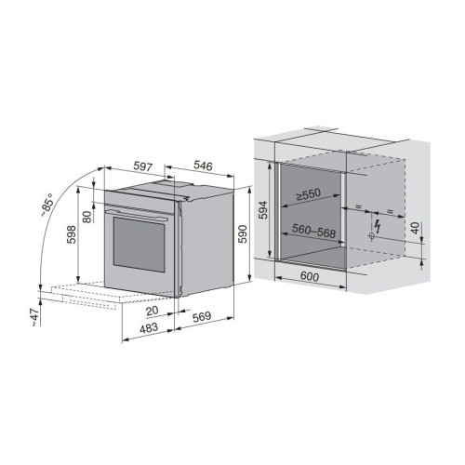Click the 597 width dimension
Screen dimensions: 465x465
coord(143,166)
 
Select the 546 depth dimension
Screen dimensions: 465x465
coord(203,166)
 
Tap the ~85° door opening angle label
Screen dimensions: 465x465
coord(47,205)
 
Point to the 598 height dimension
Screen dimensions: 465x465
coord(72,234)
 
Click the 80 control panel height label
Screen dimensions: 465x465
coord(87,217)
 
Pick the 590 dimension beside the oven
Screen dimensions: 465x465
coord(244,234)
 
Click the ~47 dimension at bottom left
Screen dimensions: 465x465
coord(34,317)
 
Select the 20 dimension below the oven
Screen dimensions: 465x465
coord(153,311)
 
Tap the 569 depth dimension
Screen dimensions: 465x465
coord(202,316)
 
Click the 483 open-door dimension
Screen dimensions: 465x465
coord(149,328)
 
